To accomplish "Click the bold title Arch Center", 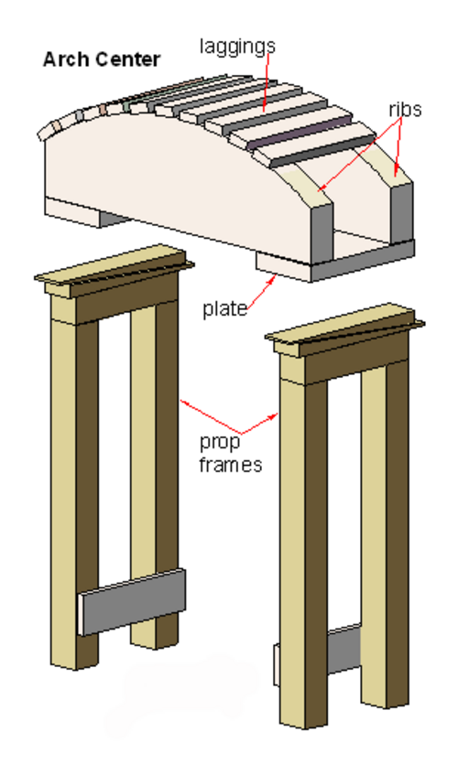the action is pos(102,59).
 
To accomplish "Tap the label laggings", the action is pos(237,47).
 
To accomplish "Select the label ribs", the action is pos(405,109).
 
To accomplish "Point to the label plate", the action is pos(224,309).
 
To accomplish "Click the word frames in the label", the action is pos(231,464).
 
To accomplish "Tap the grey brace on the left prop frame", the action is pos(132,601).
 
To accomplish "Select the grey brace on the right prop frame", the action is pos(343,649).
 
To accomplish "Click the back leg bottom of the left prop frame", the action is pos(154,639).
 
